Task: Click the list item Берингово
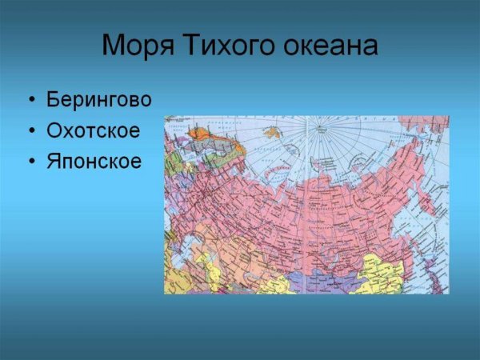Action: point(98,100)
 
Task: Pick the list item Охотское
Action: point(93,130)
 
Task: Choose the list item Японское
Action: point(94,162)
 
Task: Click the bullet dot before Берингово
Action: point(31,101)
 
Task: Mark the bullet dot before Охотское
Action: point(31,131)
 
